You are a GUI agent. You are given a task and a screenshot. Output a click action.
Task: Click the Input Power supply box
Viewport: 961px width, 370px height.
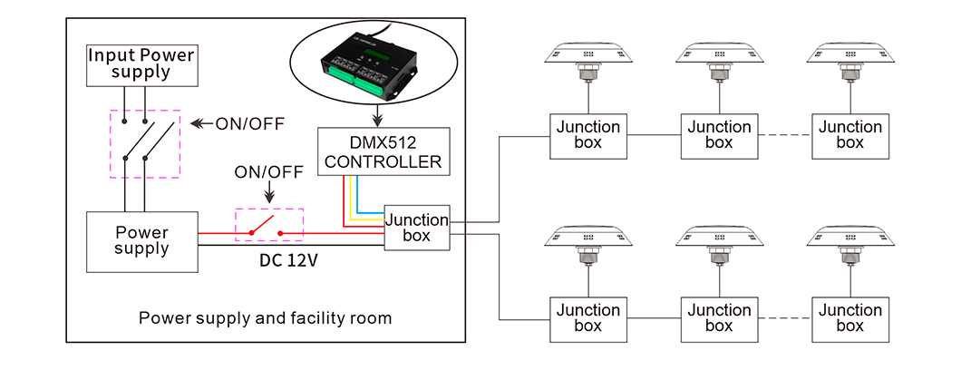141,64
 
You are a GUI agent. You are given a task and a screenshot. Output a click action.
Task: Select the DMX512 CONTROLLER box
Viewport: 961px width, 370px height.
384,151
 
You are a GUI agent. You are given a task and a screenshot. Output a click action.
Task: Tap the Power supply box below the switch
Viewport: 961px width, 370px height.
141,241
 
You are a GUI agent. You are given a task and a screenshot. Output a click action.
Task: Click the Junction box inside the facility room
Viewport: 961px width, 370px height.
417,229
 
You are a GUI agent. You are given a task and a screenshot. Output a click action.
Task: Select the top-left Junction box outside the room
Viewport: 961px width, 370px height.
587,136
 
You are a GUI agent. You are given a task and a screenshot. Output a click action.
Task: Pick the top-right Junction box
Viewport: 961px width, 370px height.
849,136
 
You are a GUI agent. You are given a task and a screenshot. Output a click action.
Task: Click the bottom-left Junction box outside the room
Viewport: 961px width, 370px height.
587,318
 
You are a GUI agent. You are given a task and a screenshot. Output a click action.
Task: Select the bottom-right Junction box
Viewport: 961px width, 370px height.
849,318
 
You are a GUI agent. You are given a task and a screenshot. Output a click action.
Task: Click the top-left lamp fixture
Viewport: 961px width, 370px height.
587,59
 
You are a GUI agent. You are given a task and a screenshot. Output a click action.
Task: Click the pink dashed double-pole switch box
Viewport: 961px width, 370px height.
145,143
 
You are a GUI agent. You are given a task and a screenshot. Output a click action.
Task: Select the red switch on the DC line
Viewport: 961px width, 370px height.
269,228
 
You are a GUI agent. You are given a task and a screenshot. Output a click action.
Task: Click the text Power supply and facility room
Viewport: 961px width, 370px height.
265,318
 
